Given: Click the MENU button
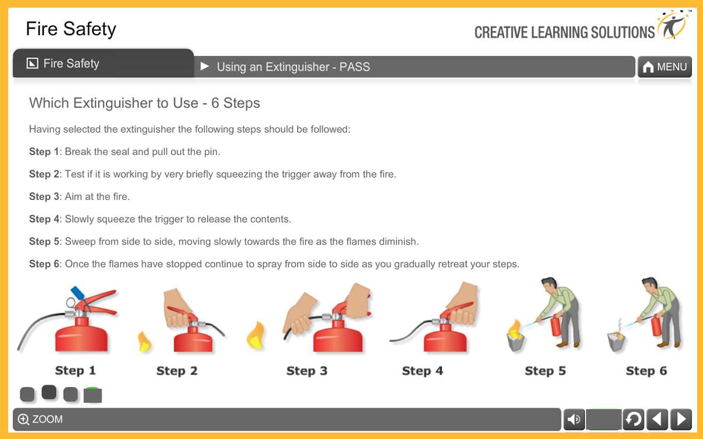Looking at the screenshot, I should [664, 67].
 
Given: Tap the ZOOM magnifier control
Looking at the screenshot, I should [24, 419].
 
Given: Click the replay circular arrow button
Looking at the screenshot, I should [633, 419].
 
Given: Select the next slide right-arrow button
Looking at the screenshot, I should [681, 419].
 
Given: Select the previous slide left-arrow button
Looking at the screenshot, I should [657, 419].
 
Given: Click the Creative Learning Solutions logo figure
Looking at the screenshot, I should [673, 25].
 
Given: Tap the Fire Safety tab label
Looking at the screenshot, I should [71, 64].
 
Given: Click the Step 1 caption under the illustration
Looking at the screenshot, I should [75, 371].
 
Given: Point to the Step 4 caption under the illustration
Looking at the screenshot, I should [422, 371].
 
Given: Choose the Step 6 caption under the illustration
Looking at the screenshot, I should [646, 371].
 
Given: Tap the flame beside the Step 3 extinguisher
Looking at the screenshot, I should [256, 336].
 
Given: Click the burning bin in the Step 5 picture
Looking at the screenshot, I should [515, 337].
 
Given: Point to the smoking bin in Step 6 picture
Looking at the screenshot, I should [618, 339].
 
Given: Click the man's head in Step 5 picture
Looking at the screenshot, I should [548, 286].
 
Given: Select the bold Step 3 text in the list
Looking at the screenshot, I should [44, 196].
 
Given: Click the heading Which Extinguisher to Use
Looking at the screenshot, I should [144, 103].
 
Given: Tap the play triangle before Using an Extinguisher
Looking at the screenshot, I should [205, 67].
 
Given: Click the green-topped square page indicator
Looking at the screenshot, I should [92, 395].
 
